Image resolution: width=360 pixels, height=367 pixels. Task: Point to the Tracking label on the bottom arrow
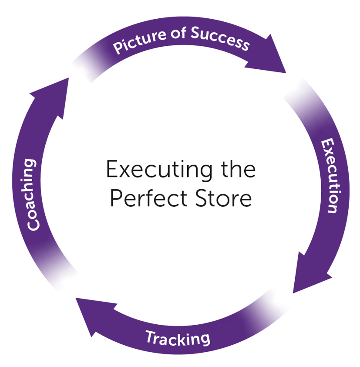(x=178, y=338)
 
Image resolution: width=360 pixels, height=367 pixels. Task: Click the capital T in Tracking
(x=151, y=336)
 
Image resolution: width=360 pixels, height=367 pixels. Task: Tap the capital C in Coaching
(x=33, y=224)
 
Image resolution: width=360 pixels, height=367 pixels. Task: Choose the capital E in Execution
(x=327, y=145)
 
